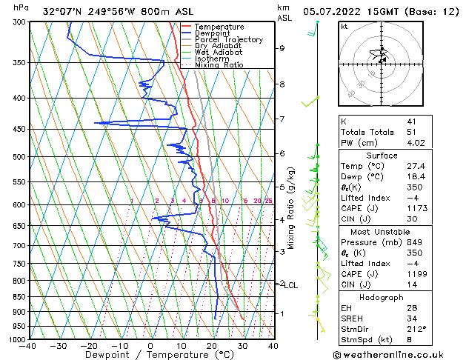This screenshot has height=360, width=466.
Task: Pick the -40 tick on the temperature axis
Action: (x=28, y=346)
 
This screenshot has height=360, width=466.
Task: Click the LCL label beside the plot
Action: (x=291, y=285)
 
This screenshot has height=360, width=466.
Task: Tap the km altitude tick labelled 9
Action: (x=282, y=48)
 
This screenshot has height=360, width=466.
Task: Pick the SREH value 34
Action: (x=412, y=318)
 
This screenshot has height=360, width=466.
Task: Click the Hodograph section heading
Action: (x=382, y=296)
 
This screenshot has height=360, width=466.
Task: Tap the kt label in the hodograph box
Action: (x=344, y=26)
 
